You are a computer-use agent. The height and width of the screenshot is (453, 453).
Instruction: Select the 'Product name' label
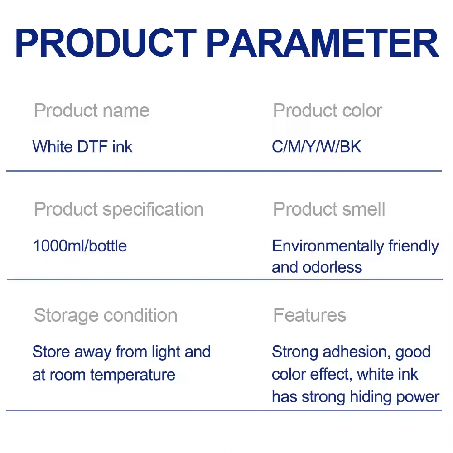(x=92, y=111)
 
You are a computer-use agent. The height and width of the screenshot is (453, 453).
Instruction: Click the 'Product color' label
(x=328, y=111)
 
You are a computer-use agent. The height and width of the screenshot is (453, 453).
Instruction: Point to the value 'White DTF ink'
(x=82, y=147)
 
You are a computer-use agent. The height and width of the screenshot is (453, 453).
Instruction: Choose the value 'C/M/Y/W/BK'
(x=317, y=147)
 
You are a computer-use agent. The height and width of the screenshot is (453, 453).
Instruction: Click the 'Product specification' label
(x=119, y=209)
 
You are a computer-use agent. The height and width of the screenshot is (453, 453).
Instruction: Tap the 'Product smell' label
(x=329, y=209)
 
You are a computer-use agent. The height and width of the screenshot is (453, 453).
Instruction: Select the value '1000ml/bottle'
(x=80, y=246)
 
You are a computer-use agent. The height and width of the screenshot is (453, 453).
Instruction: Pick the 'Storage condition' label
(x=106, y=315)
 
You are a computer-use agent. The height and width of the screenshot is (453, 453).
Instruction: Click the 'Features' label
(x=310, y=315)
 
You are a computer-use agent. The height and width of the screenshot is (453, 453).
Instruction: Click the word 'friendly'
(x=413, y=246)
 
